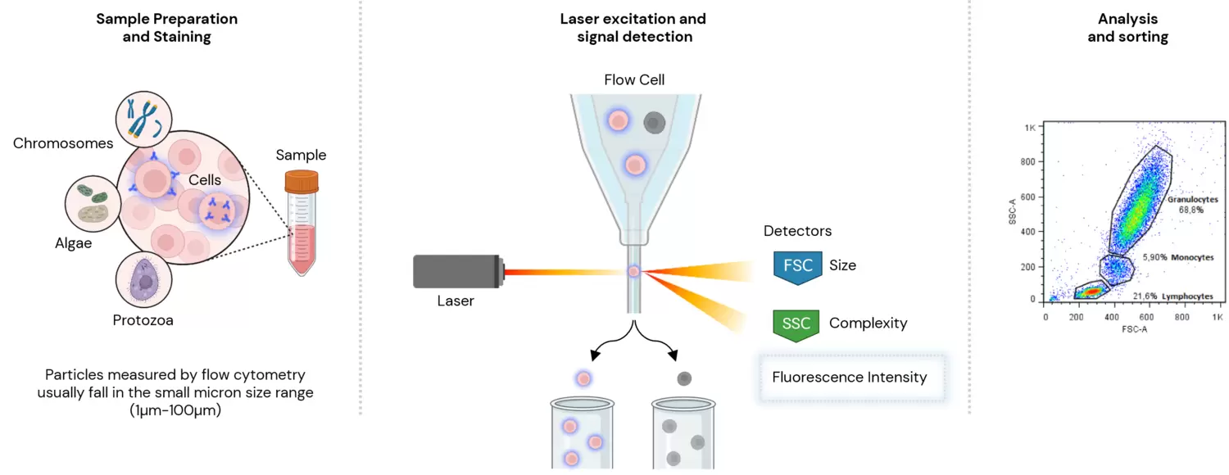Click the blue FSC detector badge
(797, 267)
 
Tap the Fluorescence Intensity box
(850, 378)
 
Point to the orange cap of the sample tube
(302, 180)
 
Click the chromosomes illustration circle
(143, 119)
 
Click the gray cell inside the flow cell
(654, 123)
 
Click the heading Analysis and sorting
(1127, 28)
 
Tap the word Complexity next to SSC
(868, 323)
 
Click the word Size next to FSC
(842, 266)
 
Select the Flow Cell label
(634, 79)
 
